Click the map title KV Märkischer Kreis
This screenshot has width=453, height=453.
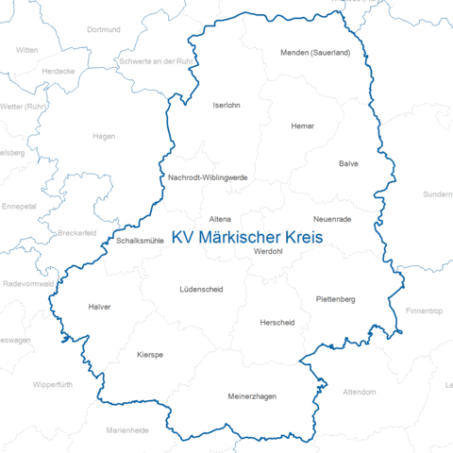click(247, 239)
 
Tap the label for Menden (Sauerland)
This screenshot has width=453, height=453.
click(315, 53)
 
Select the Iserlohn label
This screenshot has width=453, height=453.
click(227, 105)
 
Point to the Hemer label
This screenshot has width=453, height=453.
click(303, 126)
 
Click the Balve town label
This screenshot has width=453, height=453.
click(349, 163)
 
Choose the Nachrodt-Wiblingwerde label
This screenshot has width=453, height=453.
click(208, 176)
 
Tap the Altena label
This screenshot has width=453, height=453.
click(220, 218)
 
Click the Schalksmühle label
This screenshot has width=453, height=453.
click(141, 241)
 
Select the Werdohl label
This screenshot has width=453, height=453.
click(269, 251)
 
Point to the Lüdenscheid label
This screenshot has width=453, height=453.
click(201, 289)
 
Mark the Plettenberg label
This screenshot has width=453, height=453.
click(335, 299)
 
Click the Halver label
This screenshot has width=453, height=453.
click(99, 307)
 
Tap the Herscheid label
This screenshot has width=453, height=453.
click(277, 322)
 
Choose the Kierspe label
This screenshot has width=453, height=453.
click(150, 354)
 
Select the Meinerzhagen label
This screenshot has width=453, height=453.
click(253, 396)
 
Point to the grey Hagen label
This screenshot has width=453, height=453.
click(104, 136)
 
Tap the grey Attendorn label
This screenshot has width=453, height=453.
click(359, 391)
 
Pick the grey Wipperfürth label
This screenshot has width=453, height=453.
click(52, 384)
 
